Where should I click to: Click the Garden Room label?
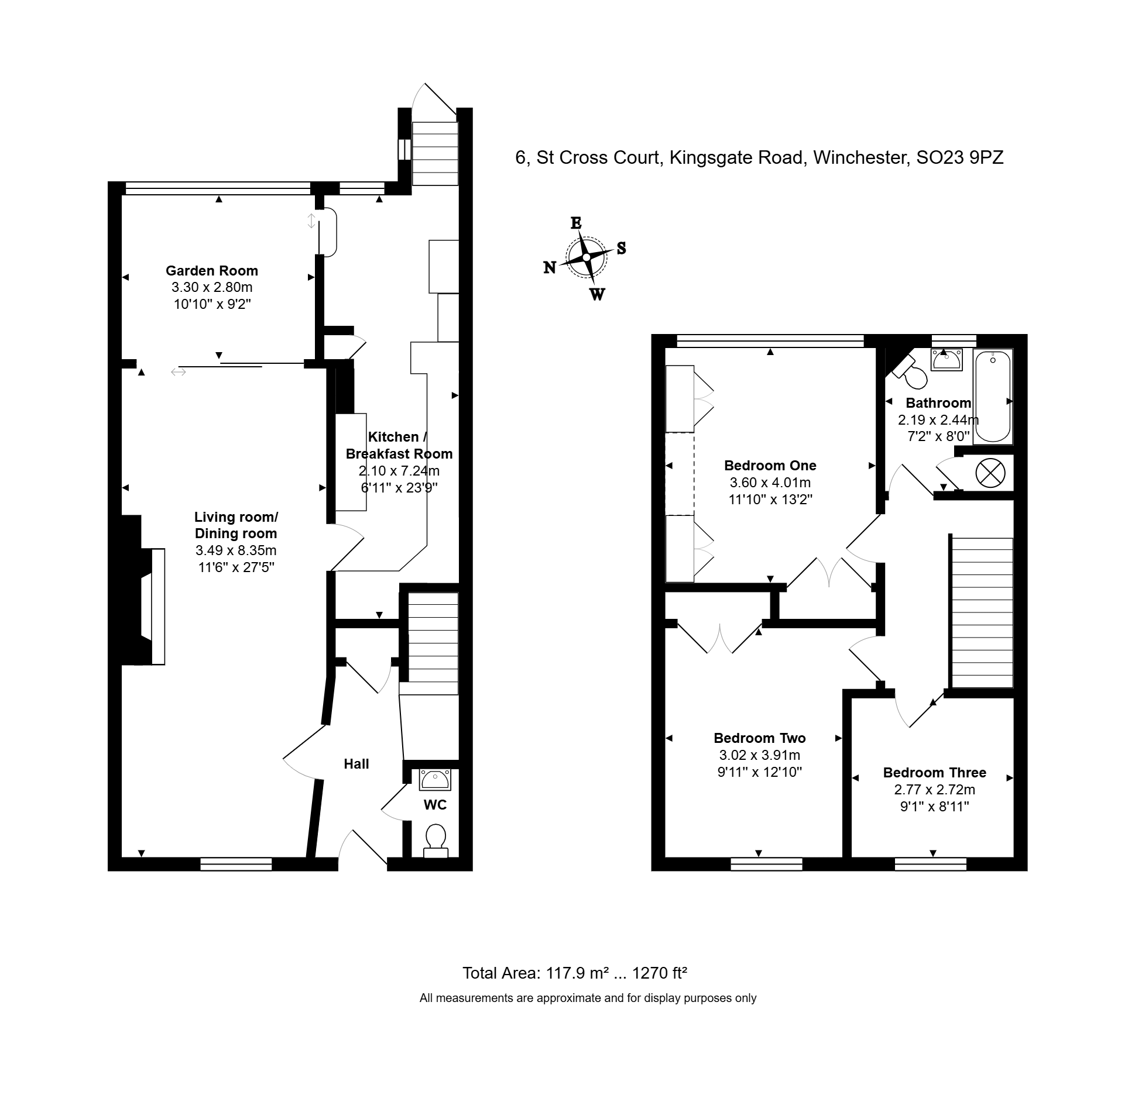(x=211, y=271)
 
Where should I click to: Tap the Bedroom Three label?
(x=934, y=773)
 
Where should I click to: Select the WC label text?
(x=435, y=805)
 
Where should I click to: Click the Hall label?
(x=356, y=764)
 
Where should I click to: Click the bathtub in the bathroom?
(x=993, y=397)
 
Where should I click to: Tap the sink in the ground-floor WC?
(x=436, y=780)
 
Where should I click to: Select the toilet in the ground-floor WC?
(x=436, y=841)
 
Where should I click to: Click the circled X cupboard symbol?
(x=990, y=473)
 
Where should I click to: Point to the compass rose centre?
(x=587, y=257)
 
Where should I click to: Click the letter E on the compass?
(x=577, y=223)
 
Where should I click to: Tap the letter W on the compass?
(x=597, y=294)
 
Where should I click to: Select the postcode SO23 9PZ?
(x=960, y=157)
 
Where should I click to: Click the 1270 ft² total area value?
(x=659, y=973)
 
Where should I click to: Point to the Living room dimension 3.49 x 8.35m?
(x=235, y=550)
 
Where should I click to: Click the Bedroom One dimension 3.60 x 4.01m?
(x=770, y=483)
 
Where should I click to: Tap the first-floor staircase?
(x=982, y=612)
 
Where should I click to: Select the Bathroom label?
(x=938, y=403)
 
